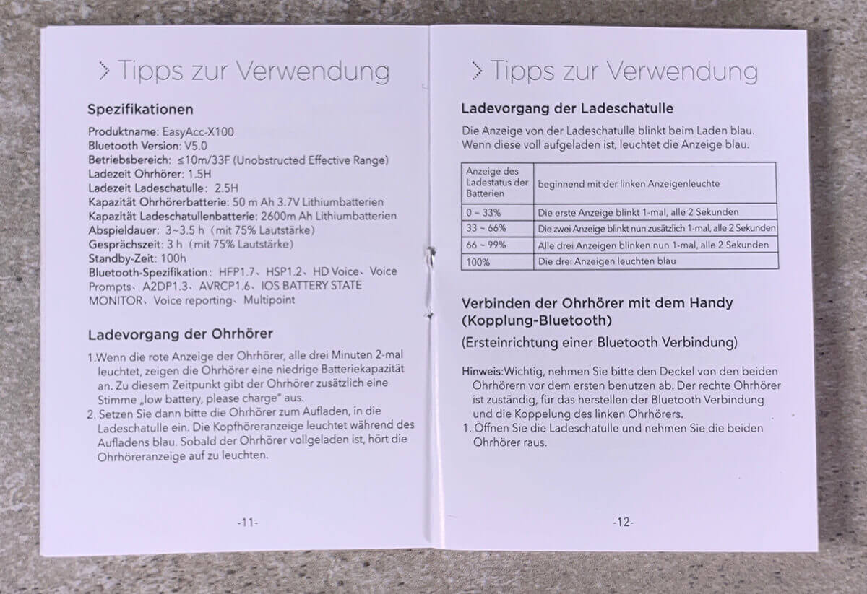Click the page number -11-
tap(247, 522)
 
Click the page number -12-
tap(623, 522)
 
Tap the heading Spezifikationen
tap(140, 110)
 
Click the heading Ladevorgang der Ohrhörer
tap(180, 335)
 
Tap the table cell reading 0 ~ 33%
tap(483, 212)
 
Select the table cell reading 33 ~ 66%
tap(486, 228)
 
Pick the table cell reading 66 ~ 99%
tap(486, 245)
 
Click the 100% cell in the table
tap(478, 261)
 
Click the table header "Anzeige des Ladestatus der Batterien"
tap(496, 183)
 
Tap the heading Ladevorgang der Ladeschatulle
tap(567, 109)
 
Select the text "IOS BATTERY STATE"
tap(313, 286)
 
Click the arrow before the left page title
tap(104, 71)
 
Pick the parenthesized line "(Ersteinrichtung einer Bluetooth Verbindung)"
tap(600, 341)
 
